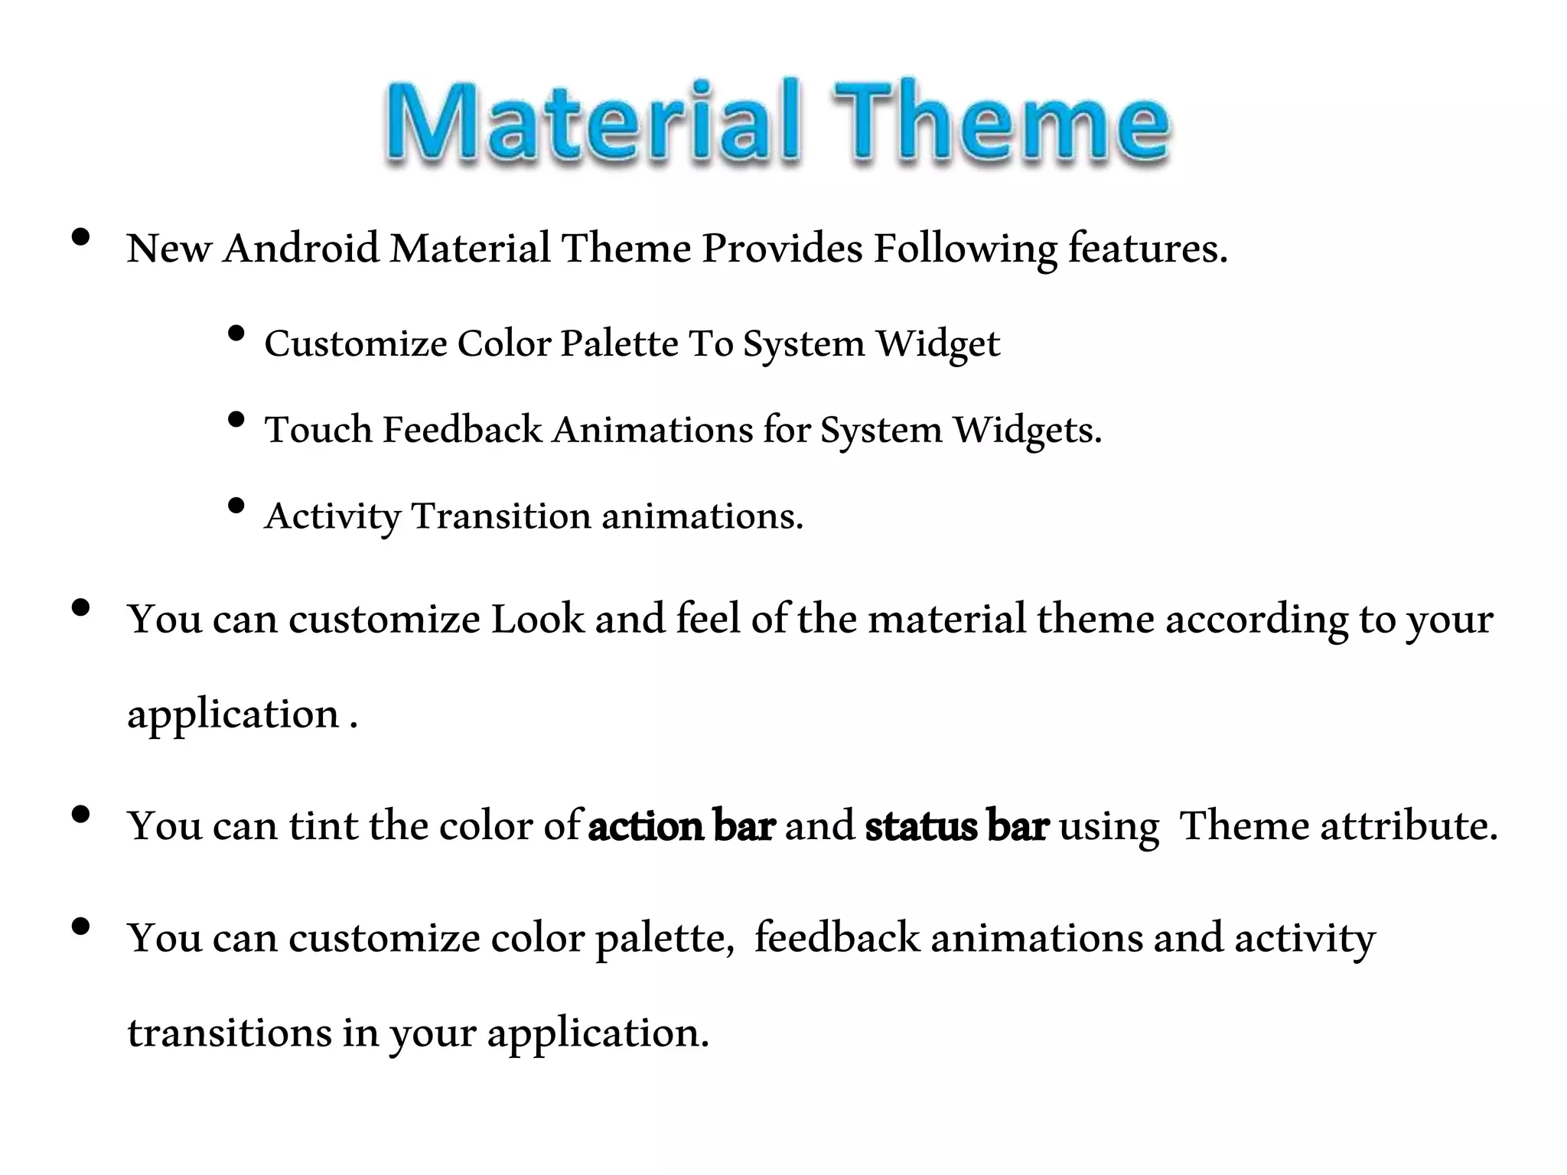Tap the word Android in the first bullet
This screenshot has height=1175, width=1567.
(x=301, y=249)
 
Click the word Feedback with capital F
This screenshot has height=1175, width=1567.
(x=462, y=430)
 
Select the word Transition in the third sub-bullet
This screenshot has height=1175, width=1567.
(x=501, y=516)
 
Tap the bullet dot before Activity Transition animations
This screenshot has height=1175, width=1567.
(x=236, y=506)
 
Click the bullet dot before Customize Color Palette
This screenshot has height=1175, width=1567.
(x=236, y=334)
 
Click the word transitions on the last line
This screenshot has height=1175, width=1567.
(x=229, y=1033)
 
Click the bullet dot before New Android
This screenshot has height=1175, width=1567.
(x=80, y=238)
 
